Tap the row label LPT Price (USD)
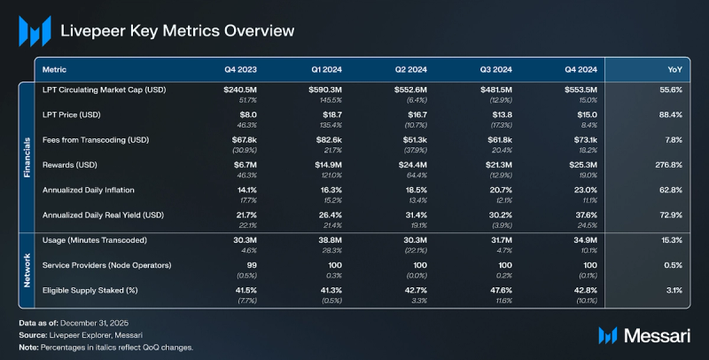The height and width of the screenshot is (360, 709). click(74, 115)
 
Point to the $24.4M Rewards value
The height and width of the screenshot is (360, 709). click(410, 165)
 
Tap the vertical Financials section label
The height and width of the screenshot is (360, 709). click(27, 158)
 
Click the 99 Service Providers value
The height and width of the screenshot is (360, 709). click(253, 266)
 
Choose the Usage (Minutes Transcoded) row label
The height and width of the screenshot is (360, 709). click(95, 241)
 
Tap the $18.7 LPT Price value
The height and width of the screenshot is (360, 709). click(331, 115)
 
